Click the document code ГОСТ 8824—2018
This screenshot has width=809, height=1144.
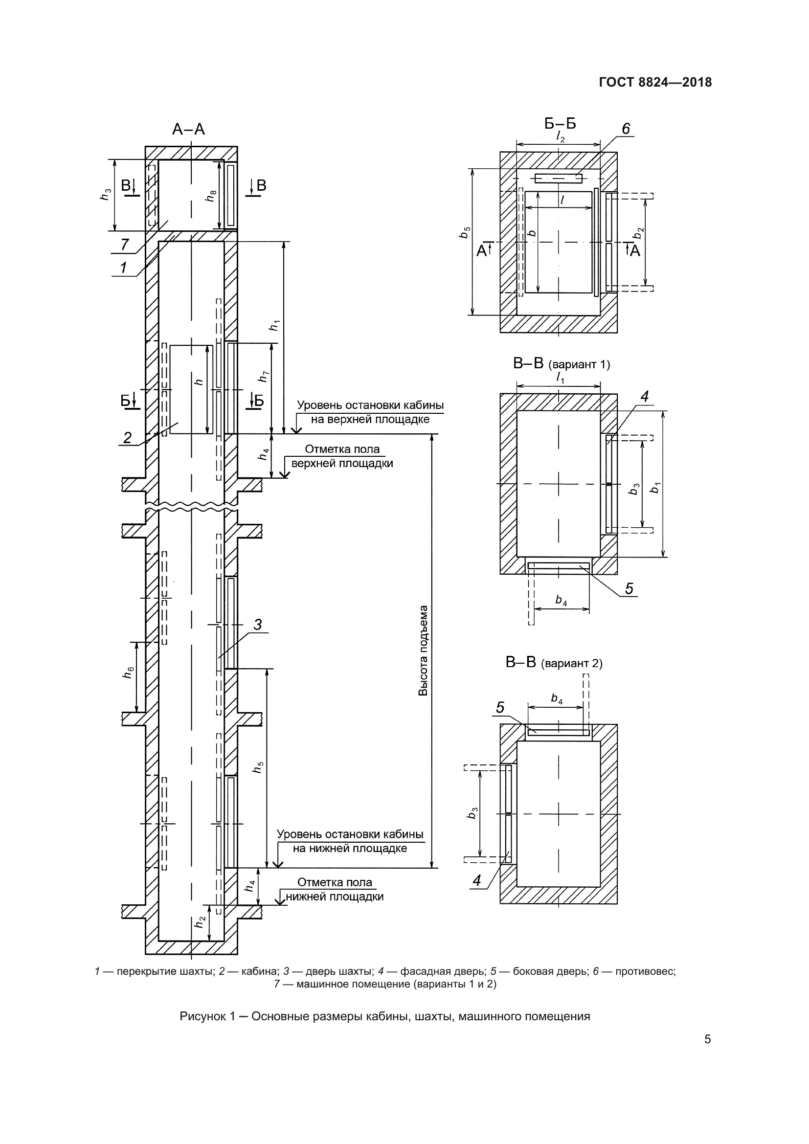(x=655, y=82)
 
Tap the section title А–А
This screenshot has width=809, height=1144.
(x=188, y=130)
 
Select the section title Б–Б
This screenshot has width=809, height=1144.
(x=560, y=123)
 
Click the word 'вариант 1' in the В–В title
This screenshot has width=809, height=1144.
(x=579, y=365)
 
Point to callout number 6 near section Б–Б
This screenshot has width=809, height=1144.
(x=626, y=129)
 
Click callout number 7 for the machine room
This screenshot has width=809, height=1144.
(x=125, y=244)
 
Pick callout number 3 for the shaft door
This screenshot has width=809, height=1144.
(x=258, y=624)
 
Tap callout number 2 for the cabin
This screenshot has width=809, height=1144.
(x=128, y=437)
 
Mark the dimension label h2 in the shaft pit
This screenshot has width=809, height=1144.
(x=200, y=922)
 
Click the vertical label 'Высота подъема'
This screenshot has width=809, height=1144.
(x=423, y=651)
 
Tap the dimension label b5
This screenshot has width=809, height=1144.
(x=465, y=232)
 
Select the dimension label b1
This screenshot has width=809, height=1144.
(x=655, y=488)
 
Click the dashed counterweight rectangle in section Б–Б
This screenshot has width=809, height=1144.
(x=559, y=179)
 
